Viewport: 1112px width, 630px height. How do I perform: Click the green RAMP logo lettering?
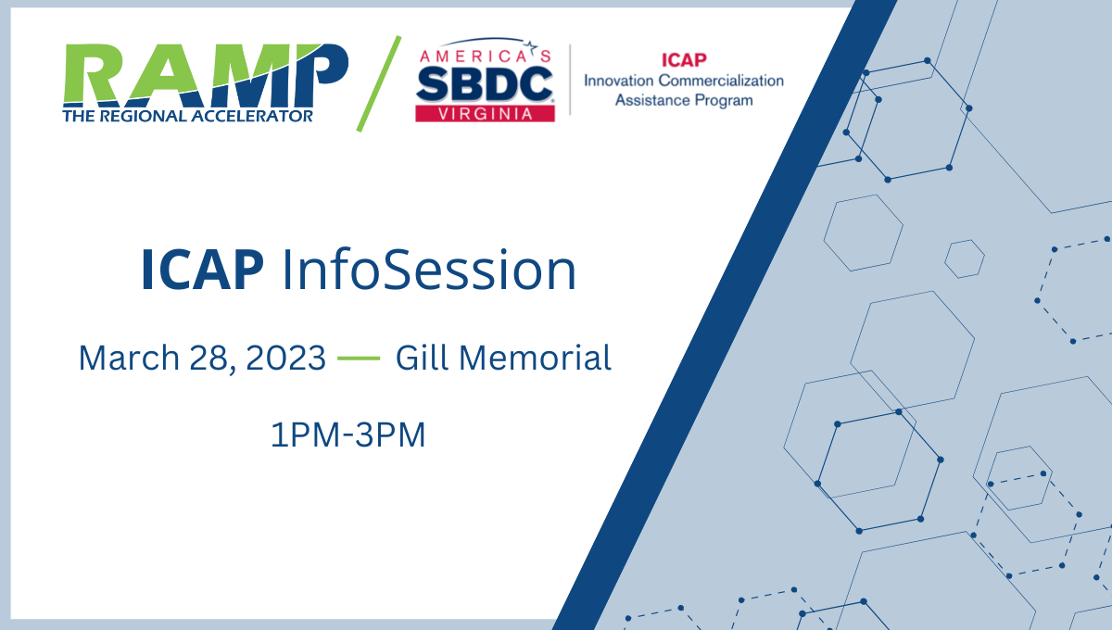tap(206, 74)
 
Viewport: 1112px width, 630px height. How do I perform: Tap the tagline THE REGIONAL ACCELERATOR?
tap(187, 116)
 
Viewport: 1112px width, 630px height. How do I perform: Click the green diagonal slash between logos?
tap(379, 83)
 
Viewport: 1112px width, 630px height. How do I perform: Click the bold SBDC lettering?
tap(485, 84)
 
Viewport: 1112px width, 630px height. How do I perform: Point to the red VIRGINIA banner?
tap(485, 114)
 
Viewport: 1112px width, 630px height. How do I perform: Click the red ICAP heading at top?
tap(684, 60)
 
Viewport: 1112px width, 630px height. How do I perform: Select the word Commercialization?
tap(721, 81)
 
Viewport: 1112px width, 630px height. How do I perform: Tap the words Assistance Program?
tap(684, 100)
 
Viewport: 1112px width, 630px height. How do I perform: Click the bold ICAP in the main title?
tap(203, 271)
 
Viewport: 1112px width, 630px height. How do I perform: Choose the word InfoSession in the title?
tap(429, 271)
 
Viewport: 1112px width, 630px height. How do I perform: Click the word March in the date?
tap(129, 358)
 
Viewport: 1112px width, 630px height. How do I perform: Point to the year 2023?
tap(285, 358)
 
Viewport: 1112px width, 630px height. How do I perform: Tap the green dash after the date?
tap(359, 358)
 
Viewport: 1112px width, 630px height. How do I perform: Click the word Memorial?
tap(535, 358)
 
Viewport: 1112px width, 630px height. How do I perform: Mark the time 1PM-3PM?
tap(348, 435)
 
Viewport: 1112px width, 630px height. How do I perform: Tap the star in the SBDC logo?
tap(531, 46)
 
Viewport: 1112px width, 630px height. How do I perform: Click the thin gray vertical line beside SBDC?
tap(570, 80)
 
